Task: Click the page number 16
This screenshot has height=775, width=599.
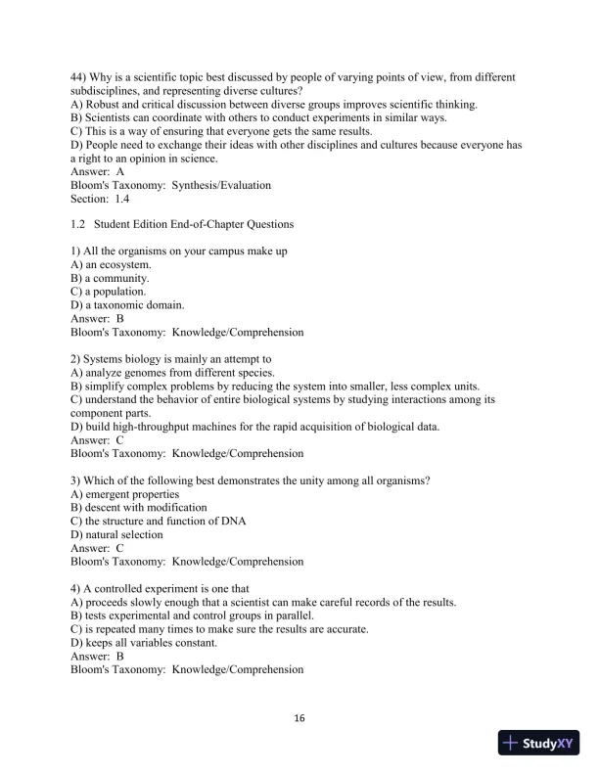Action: pyautogui.click(x=299, y=718)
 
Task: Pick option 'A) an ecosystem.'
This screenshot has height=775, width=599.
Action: pyautogui.click(x=111, y=264)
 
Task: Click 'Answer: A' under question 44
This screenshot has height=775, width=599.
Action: pyautogui.click(x=97, y=172)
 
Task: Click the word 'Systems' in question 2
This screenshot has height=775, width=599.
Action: pyautogui.click(x=105, y=359)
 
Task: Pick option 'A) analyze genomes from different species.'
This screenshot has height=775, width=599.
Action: pyautogui.click(x=172, y=373)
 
